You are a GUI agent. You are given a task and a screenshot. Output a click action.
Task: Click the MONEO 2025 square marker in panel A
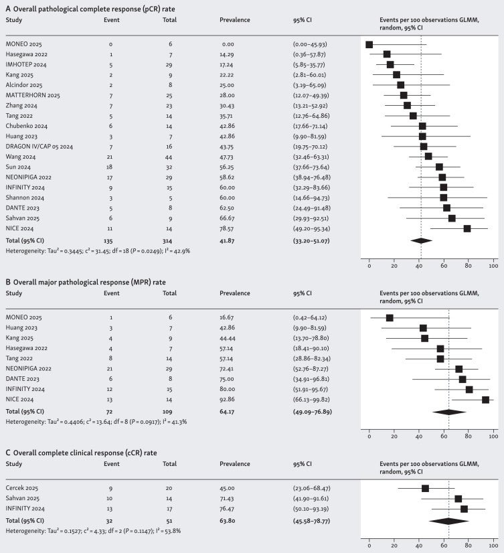tap(369, 44)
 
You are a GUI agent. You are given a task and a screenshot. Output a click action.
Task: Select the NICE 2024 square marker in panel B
tap(485, 400)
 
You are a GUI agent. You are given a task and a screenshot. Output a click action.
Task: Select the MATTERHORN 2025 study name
tap(33, 96)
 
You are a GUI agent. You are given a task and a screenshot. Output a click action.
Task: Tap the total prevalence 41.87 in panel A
tap(230, 239)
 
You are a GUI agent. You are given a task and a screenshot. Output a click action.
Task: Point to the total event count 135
tap(110, 239)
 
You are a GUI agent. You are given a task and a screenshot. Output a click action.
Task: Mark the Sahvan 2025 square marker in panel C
tap(458, 499)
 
